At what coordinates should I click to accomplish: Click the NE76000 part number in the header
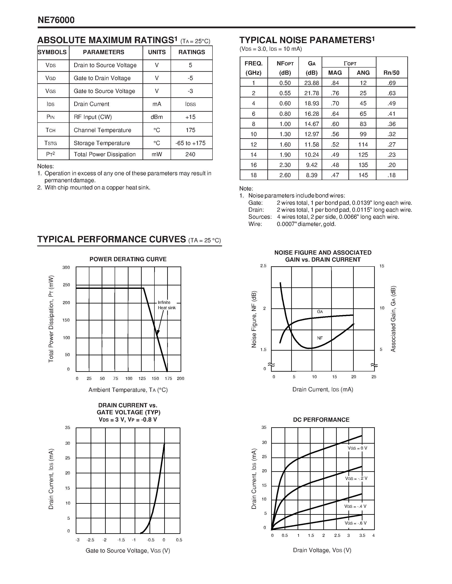[x=56, y=20]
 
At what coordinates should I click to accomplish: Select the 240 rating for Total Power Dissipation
[x=190, y=154]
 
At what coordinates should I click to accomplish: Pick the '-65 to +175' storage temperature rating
[x=190, y=143]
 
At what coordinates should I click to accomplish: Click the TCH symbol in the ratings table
[x=51, y=130]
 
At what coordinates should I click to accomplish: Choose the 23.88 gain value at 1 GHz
[x=311, y=83]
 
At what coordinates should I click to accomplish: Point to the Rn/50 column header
[x=391, y=73]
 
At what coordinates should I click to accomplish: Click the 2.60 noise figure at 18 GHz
[x=285, y=175]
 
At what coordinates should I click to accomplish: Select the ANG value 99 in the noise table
[x=363, y=134]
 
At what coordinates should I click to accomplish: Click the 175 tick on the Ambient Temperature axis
[x=168, y=378]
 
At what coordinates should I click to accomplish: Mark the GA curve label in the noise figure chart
[x=320, y=312]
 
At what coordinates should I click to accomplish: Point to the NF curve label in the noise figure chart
[x=320, y=338]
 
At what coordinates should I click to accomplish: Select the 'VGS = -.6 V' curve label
[x=356, y=523]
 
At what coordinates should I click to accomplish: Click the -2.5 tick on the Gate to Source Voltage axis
[x=91, y=540]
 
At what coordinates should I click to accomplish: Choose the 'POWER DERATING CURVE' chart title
[x=128, y=259]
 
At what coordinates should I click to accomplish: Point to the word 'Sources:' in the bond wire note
[x=260, y=217]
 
